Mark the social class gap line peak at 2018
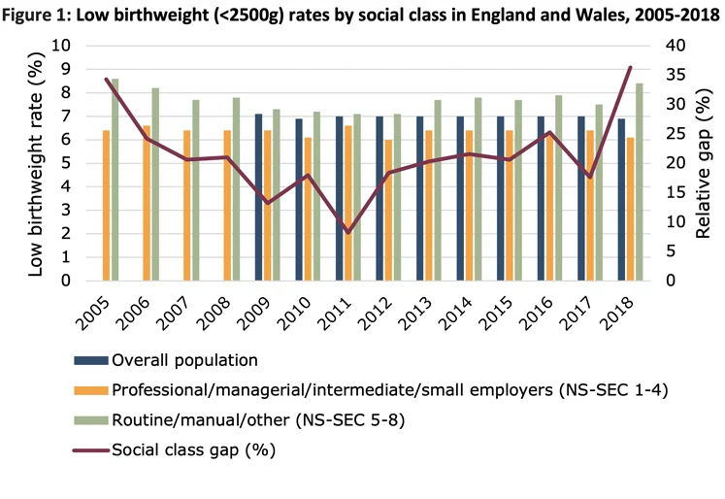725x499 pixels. pos(630,67)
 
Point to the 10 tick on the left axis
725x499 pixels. pos(60,46)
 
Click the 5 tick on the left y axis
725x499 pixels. pos(65,163)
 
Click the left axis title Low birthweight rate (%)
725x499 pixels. pos(35,163)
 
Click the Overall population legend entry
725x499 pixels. pos(184,360)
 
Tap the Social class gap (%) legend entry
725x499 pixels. pos(194,449)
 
